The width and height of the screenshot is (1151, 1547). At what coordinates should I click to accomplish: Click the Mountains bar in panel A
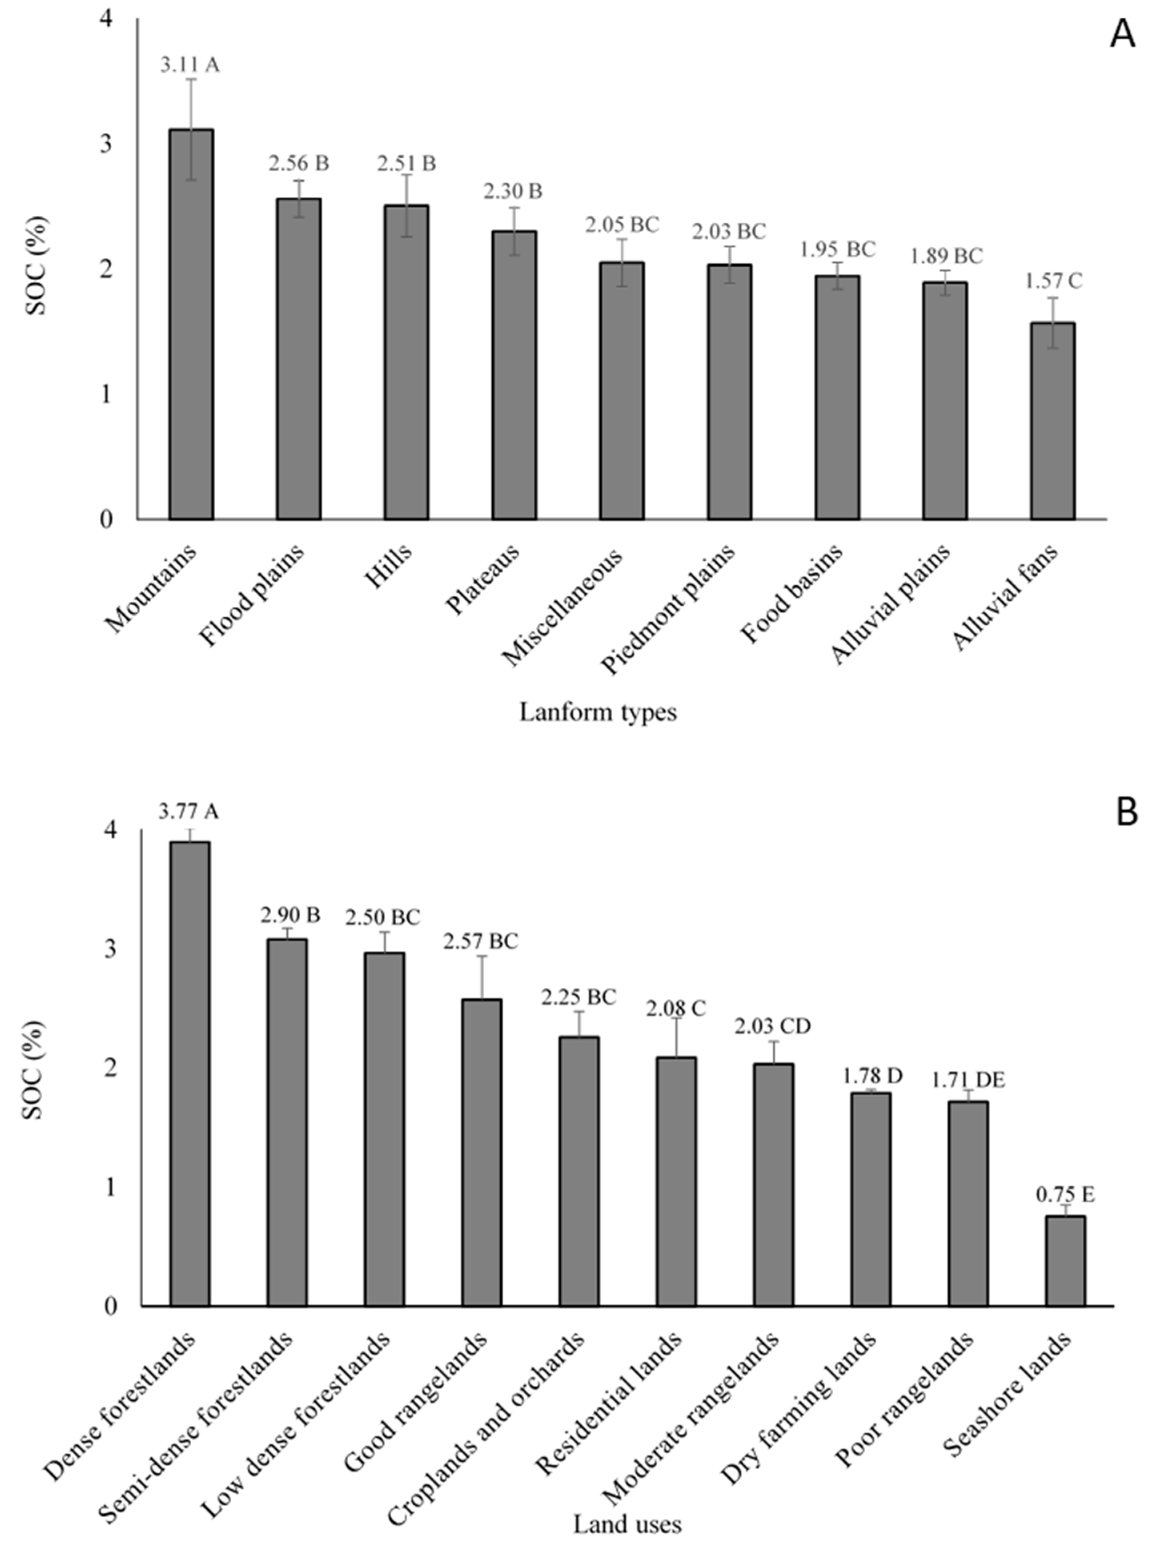coord(191,324)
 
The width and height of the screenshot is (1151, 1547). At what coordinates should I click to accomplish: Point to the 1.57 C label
coord(1053,281)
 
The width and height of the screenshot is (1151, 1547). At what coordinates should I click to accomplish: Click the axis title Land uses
coord(627,1524)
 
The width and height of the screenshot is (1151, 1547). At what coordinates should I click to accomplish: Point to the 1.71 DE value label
coord(968,1081)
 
